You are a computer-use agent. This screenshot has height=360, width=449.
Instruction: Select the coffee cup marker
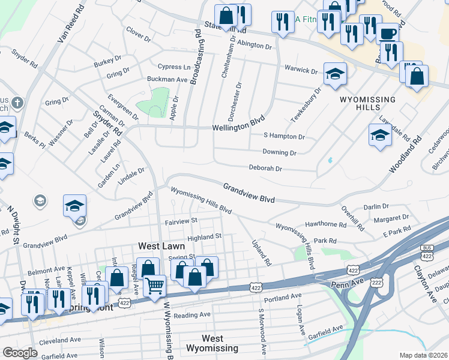coord(387,33)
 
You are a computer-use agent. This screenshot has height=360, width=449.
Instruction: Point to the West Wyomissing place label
coord(212,343)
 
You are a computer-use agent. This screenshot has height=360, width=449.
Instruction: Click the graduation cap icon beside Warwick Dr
coord(335,74)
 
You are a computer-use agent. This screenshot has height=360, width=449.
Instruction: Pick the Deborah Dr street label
coord(265,169)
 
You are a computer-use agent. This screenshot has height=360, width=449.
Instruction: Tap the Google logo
coord(20,352)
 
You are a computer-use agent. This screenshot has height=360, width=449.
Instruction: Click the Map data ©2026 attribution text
coord(423,355)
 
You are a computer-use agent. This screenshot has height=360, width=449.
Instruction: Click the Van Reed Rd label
coord(68,23)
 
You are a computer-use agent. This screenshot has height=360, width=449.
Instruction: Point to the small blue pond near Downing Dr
coord(330,161)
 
